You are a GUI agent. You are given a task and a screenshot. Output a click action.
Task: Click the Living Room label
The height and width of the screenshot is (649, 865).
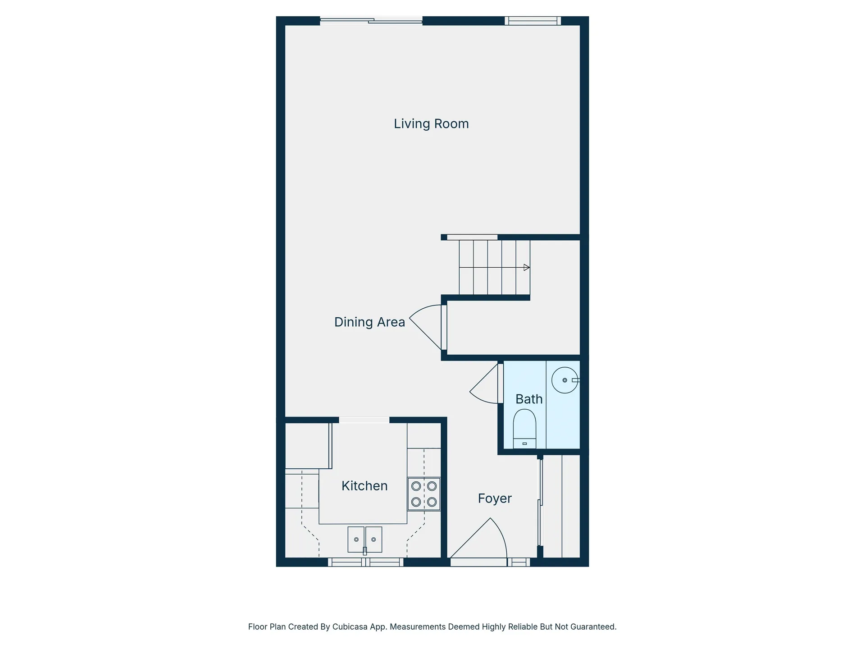(431, 123)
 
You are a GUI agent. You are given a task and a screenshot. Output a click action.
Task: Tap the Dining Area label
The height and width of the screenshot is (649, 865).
(369, 322)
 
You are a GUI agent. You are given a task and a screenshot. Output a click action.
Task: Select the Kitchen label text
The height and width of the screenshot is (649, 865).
(364, 485)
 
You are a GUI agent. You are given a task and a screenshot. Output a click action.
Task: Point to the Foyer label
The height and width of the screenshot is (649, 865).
(495, 498)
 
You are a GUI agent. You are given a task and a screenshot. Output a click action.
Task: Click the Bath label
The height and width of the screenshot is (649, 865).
(529, 399)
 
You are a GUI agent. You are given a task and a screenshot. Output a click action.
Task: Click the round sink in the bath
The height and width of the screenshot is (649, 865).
(565, 380)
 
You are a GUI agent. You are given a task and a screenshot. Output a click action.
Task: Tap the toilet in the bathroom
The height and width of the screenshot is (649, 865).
(524, 428)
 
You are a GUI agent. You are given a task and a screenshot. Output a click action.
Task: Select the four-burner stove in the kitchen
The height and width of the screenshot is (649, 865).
(424, 494)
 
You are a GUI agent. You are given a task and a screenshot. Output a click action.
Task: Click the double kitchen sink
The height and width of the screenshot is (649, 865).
(364, 539)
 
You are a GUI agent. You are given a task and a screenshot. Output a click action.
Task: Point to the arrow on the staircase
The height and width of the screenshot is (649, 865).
(526, 267)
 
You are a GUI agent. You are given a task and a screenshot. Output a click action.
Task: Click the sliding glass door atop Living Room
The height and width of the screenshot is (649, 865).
(371, 20)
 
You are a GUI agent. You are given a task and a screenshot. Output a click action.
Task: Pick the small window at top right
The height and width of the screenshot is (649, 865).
(533, 20)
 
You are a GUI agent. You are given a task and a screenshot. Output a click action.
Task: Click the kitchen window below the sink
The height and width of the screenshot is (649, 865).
(365, 562)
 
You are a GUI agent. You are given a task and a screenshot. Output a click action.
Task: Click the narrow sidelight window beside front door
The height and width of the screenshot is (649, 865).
(519, 562)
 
